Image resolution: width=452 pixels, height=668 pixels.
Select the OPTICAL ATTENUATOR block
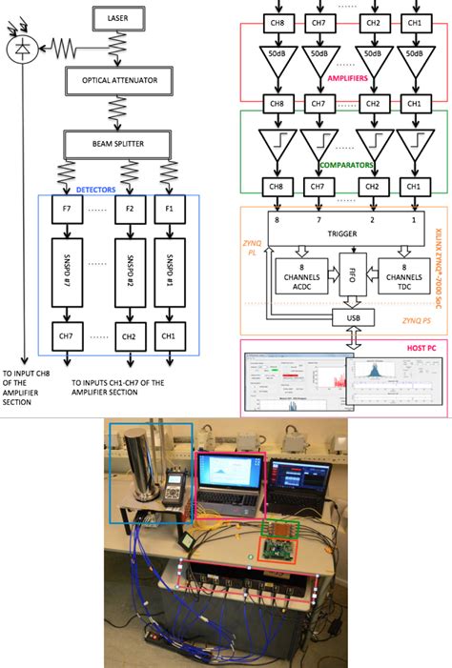coord(117,81)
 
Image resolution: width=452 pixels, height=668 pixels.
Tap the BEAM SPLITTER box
coord(117,145)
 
